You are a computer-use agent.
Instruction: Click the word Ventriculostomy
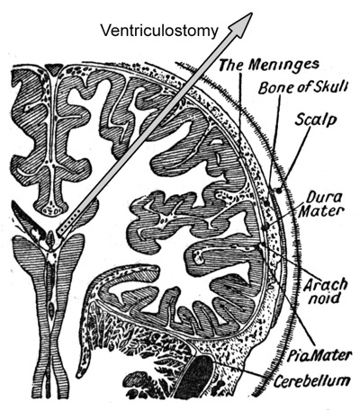click(159, 31)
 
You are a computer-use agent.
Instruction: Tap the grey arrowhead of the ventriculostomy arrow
click(241, 24)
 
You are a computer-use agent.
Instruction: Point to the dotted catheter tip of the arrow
click(69, 223)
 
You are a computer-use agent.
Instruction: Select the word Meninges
click(284, 65)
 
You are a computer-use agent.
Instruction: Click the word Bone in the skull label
click(273, 88)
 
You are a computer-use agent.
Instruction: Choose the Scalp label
click(315, 120)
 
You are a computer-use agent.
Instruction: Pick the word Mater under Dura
click(321, 211)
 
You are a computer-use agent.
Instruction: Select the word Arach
click(325, 285)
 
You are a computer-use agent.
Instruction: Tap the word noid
click(325, 299)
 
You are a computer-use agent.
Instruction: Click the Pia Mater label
click(319, 356)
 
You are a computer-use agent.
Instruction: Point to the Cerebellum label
click(311, 380)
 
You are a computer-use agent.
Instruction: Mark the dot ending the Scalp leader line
click(279, 190)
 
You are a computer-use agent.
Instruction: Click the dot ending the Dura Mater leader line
click(265, 227)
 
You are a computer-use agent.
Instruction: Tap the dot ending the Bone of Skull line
click(267, 203)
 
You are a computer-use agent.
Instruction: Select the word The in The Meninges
click(230, 65)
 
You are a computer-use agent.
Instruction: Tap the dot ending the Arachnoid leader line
click(264, 245)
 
